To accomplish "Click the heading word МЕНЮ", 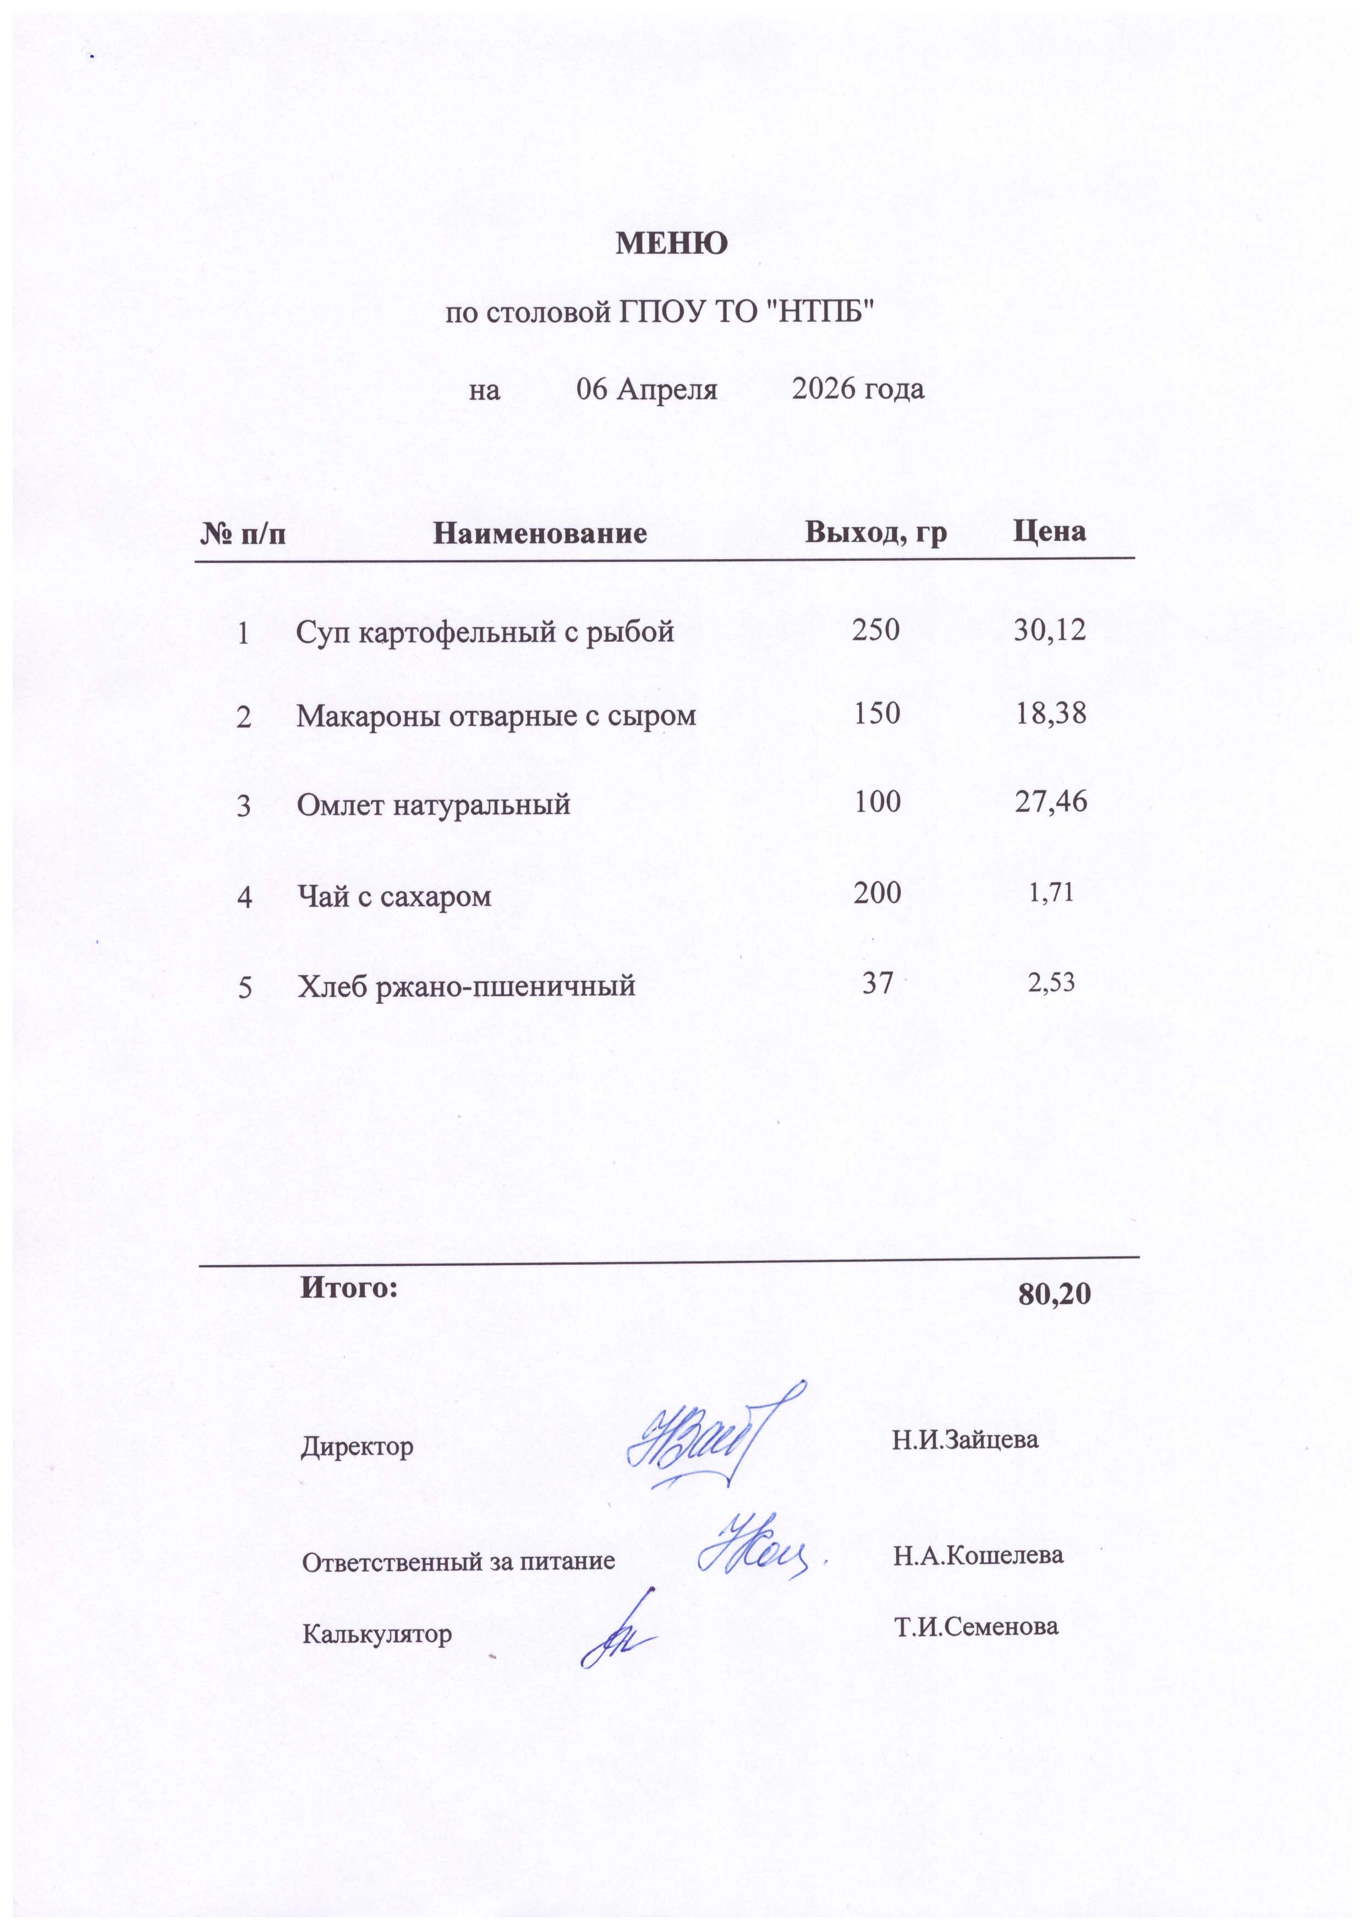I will point(672,244).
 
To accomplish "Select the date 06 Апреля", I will point(646,389).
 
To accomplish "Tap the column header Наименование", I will point(540,533).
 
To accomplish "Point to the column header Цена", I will point(1049,531).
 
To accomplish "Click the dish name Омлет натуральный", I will point(434,805).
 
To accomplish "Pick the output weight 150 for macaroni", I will point(876,714).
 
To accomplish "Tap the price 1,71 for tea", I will point(1051,892).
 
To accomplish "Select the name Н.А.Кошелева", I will point(978,1555).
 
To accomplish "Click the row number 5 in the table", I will point(245,987).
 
